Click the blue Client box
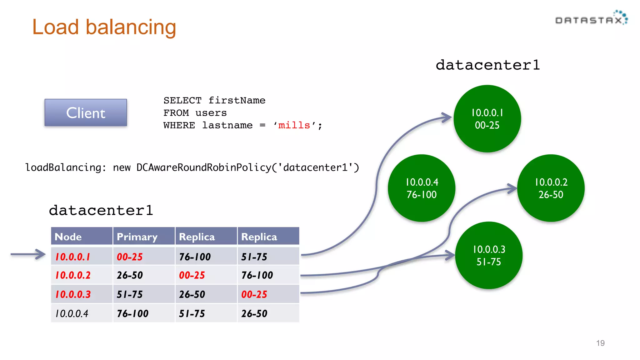[x=86, y=113]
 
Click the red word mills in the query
[x=294, y=125]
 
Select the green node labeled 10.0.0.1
[x=487, y=119]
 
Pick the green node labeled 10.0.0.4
[x=422, y=188]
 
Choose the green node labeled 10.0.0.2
[x=551, y=188]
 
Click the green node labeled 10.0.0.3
[x=488, y=255]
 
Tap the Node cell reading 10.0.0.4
[x=72, y=313]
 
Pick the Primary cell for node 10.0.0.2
[x=130, y=275]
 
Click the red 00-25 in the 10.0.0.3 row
[x=254, y=294]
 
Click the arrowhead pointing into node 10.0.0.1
[x=447, y=117]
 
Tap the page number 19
[x=600, y=343]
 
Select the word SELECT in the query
[x=182, y=100]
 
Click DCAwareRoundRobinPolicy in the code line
[x=204, y=167]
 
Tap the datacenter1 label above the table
[x=101, y=210]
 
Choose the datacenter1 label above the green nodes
[x=487, y=65]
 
